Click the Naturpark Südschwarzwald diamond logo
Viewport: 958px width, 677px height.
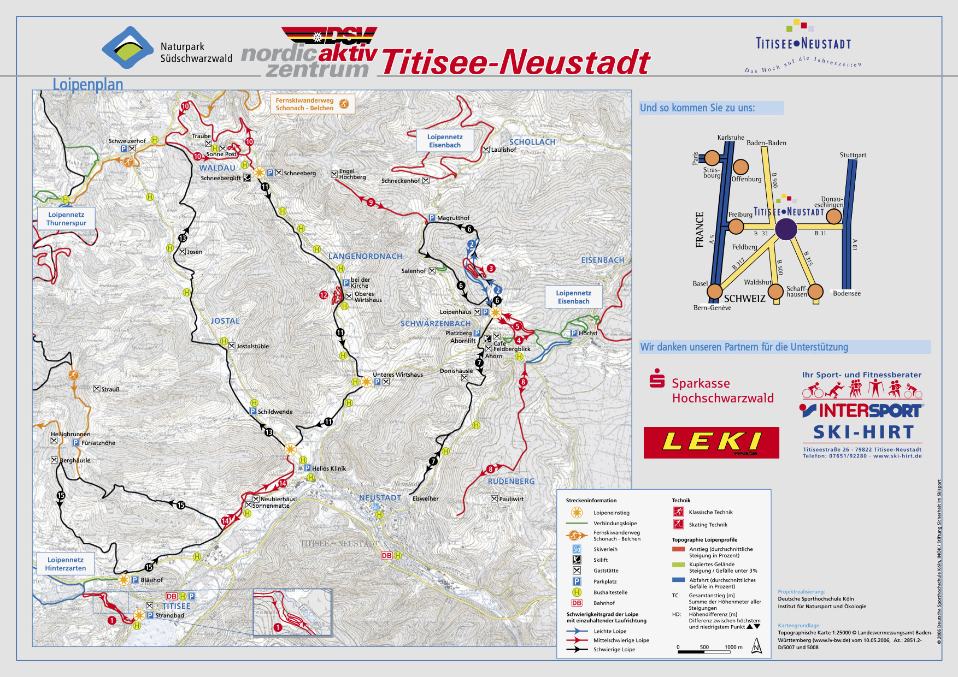(x=128, y=48)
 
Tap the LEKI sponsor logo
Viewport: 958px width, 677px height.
(x=711, y=442)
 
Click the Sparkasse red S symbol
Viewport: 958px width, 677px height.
(x=656, y=378)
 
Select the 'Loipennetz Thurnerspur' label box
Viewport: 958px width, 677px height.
(x=66, y=218)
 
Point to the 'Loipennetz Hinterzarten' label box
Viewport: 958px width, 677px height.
(x=66, y=564)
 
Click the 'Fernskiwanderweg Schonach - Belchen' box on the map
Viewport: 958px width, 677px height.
(x=312, y=104)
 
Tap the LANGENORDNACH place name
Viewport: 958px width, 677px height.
(x=365, y=256)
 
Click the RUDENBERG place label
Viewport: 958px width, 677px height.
(x=511, y=481)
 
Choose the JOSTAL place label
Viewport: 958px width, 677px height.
(x=225, y=321)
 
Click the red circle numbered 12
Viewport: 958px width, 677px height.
(x=324, y=295)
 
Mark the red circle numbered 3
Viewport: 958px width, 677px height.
(x=491, y=268)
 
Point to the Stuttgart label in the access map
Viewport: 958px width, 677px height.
(x=853, y=155)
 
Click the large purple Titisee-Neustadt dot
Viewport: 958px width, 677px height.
(x=786, y=229)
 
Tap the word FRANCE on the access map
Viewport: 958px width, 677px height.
(x=700, y=229)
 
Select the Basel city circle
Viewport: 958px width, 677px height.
(x=715, y=292)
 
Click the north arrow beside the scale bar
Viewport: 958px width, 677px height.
(x=757, y=647)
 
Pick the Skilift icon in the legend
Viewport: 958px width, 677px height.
(x=577, y=560)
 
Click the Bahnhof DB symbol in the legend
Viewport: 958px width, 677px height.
(x=577, y=603)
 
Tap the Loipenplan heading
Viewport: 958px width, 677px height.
(x=87, y=85)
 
